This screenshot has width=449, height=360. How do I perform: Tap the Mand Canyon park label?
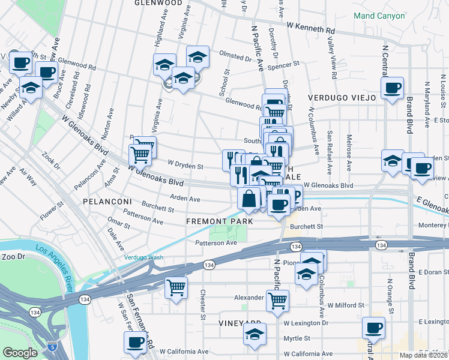[x=379, y=16]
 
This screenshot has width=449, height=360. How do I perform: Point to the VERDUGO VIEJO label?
[x=342, y=97]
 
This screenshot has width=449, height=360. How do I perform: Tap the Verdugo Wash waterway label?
[x=143, y=257]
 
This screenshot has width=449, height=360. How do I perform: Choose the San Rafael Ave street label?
[x=330, y=144]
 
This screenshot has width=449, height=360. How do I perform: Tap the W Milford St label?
[x=346, y=305]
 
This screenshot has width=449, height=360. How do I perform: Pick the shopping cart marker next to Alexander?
[x=277, y=299]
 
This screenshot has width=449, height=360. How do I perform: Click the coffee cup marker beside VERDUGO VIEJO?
[x=393, y=88]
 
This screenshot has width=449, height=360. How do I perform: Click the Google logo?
[x=20, y=353]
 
